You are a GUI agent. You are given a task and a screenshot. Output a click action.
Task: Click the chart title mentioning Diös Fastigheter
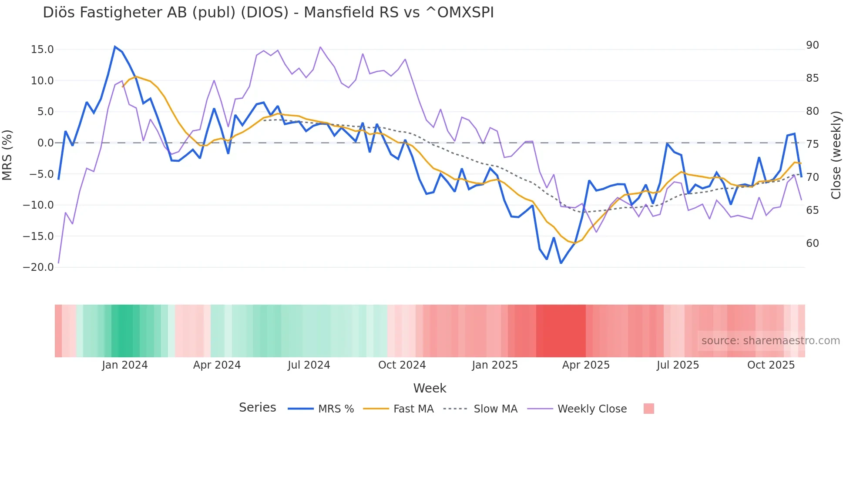click(268, 13)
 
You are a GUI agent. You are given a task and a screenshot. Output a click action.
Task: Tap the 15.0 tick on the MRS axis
click(42, 50)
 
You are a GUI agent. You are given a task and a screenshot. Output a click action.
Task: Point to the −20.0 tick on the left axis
click(38, 267)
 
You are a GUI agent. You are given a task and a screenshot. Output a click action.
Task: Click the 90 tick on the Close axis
click(813, 45)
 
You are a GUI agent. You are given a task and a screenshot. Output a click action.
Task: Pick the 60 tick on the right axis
click(813, 243)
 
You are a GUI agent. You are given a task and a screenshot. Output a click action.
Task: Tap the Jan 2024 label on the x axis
click(125, 365)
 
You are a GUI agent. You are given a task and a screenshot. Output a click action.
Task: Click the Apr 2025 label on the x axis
click(586, 365)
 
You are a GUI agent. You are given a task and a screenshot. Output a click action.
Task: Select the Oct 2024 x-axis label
click(402, 365)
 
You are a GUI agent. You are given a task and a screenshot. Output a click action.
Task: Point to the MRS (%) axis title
click(7, 155)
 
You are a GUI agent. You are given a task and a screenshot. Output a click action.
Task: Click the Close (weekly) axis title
click(836, 155)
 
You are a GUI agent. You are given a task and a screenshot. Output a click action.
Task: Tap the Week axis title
click(430, 388)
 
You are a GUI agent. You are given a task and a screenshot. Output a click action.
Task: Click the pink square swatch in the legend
click(648, 409)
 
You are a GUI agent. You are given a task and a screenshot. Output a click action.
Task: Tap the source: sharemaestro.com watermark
click(770, 341)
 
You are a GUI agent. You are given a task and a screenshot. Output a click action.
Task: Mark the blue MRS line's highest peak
click(115, 47)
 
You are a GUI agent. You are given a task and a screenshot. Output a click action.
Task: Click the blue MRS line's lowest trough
click(561, 263)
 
